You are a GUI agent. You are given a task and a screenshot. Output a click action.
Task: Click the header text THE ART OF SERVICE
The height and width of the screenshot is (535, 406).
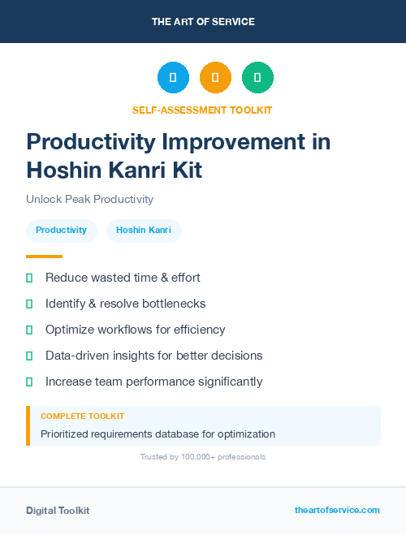(203, 22)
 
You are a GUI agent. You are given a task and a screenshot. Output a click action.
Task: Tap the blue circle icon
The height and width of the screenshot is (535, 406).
(173, 77)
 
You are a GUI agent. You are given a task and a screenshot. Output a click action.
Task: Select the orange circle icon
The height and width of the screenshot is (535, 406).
(215, 77)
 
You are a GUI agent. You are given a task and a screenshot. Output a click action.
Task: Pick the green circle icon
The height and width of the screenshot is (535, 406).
(257, 77)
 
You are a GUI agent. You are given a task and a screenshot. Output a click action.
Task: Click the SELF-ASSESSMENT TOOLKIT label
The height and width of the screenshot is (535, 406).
(202, 110)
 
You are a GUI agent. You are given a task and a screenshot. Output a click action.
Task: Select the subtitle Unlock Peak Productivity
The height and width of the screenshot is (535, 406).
(89, 199)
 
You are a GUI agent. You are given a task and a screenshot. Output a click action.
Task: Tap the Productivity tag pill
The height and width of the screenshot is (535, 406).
(61, 231)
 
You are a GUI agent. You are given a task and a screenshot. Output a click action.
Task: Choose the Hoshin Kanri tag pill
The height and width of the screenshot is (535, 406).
(143, 231)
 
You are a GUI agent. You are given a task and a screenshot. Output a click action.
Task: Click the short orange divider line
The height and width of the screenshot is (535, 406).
(44, 257)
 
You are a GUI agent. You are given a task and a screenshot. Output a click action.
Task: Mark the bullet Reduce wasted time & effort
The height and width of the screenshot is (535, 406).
(123, 278)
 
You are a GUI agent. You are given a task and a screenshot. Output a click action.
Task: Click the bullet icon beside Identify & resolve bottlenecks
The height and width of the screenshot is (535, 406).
(29, 304)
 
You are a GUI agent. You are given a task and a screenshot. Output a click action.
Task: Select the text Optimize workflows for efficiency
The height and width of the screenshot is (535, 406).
(135, 330)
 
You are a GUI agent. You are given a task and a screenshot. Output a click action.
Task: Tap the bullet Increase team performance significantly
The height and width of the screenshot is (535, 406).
(153, 382)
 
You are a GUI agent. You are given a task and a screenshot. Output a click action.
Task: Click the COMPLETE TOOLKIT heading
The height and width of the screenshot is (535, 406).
(82, 416)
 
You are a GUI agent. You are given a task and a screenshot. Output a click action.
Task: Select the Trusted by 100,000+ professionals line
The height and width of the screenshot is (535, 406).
(203, 457)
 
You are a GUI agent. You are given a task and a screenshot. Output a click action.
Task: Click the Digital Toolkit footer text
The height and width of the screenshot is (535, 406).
(58, 511)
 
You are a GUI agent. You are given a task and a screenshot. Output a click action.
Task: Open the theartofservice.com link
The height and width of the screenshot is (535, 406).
(337, 510)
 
